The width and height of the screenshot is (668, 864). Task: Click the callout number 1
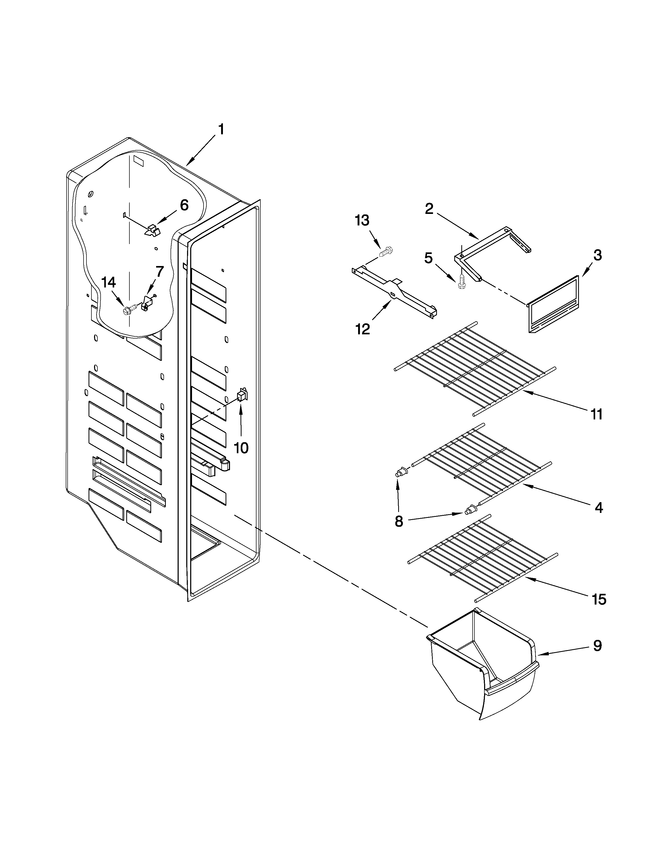(x=221, y=129)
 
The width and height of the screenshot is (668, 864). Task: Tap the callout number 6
(x=184, y=205)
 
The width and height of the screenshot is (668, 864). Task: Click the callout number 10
(x=241, y=448)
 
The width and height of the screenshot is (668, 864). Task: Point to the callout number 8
(x=399, y=521)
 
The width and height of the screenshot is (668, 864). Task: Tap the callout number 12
(x=363, y=329)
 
